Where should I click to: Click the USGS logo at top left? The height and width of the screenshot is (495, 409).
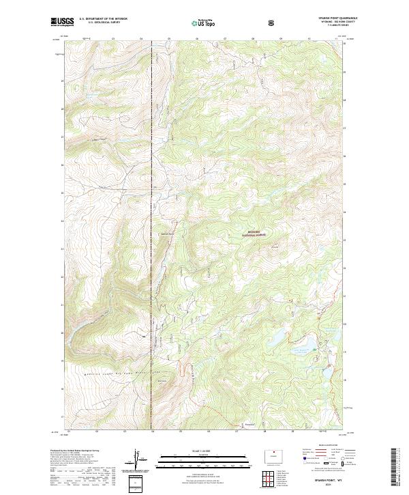click(x=63, y=22)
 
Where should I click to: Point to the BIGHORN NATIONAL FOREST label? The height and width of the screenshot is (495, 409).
click(x=252, y=234)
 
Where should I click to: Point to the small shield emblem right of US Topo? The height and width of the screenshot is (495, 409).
click(x=273, y=22)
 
